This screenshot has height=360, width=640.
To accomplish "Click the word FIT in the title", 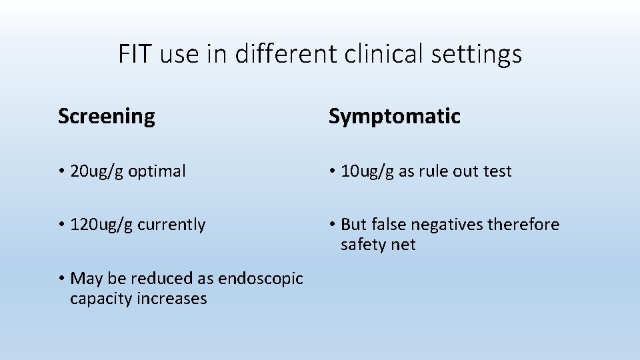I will pos(136,54).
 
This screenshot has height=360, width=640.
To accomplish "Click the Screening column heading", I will pos(107,117).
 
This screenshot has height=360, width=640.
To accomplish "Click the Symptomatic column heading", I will pos(394,117).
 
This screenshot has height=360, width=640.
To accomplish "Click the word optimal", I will pos(157,172).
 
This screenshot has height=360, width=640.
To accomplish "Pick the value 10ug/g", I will pos(367,172).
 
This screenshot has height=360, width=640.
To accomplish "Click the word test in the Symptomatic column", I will pos(497,171).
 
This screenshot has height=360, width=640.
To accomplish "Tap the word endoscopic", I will pos(260,279).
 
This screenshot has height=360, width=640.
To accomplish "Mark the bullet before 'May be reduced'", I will pos(61,279).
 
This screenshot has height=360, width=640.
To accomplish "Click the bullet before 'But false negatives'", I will pos(331,225).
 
